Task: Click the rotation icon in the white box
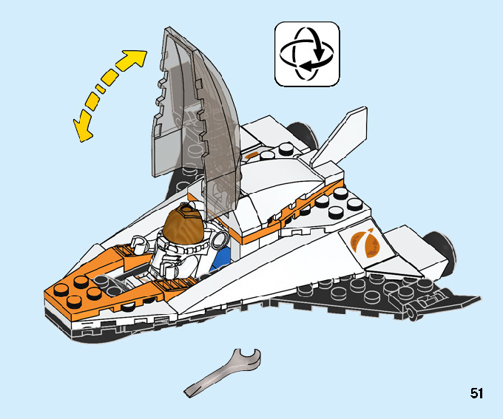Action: tap(307, 52)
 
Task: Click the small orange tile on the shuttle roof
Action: tap(255, 155)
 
